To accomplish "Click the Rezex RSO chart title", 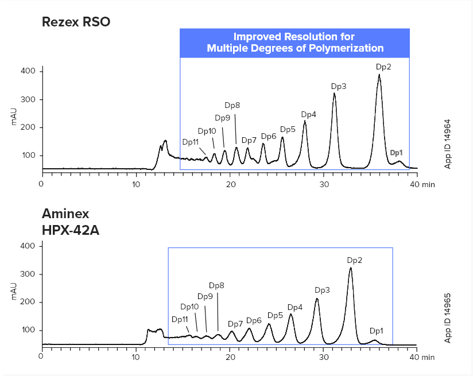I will tap(76, 22).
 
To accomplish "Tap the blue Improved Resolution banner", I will tap(294, 42).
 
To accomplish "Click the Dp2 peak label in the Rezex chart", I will tap(383, 67).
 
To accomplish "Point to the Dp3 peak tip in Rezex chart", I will tap(334, 94).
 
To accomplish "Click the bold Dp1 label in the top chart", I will tap(397, 153).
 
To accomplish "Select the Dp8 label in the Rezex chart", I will tap(232, 105).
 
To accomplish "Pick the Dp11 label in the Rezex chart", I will tap(191, 142).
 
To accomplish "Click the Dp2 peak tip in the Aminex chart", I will tap(351, 268).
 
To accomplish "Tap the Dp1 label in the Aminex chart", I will tap(377, 331).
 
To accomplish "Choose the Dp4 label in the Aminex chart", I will tap(294, 307).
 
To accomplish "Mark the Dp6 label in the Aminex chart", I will tap(254, 320).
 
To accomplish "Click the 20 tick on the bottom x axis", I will tap(230, 356).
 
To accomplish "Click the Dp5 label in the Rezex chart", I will tap(288, 129).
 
